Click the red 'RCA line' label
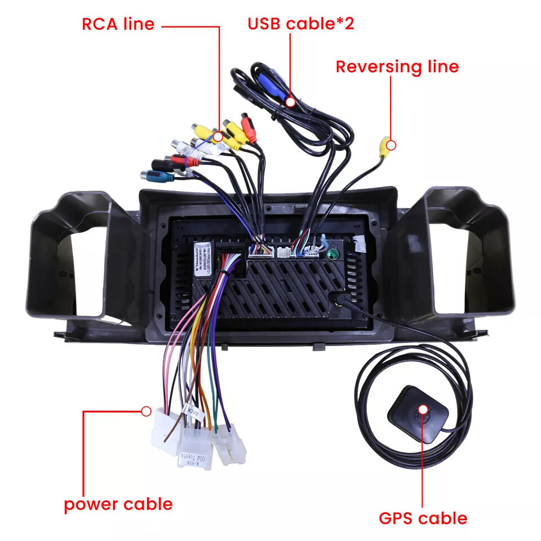tap(118, 24)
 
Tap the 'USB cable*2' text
tap(301, 24)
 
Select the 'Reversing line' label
tap(397, 66)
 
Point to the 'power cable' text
tap(118, 503)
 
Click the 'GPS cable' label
tap(423, 517)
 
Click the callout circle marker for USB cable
tap(291, 102)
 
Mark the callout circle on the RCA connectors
tap(218, 136)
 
